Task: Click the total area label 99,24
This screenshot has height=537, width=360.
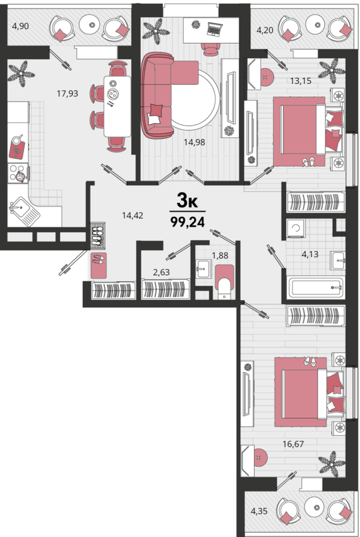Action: point(188,222)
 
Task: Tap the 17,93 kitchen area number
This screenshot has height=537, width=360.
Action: point(68,93)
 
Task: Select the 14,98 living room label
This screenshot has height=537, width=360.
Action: point(195,142)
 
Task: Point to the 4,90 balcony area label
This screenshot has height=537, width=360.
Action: point(21,26)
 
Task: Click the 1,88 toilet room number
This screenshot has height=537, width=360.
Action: point(220,255)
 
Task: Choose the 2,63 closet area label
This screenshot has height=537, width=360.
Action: point(161,272)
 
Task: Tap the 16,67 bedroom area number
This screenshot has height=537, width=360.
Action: point(293,444)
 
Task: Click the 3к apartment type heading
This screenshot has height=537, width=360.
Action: point(188,201)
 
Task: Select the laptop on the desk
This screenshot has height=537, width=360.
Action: point(215,29)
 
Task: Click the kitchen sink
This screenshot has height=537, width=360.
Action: point(24,211)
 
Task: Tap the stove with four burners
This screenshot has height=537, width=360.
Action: point(18,173)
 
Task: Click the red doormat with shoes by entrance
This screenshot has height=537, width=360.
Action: point(99,265)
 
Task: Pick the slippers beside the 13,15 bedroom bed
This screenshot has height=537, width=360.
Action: point(309,162)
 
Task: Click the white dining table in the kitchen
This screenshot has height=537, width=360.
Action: point(117,107)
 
